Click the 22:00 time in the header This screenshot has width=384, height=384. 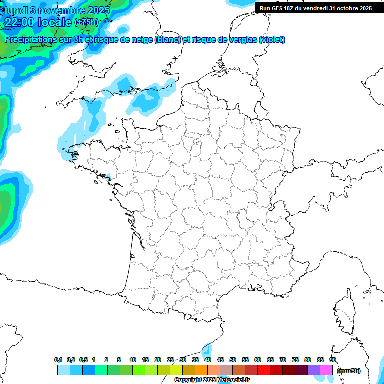[20, 22]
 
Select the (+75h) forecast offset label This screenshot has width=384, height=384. [86, 22]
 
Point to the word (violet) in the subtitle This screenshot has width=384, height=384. [272, 40]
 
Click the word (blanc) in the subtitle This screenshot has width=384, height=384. [168, 40]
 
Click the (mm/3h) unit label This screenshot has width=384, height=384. [349, 370]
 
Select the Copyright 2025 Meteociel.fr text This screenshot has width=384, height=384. [212, 380]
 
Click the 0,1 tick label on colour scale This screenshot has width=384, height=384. [58, 360]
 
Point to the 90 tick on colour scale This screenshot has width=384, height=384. [333, 360]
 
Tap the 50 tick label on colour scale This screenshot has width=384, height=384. [233, 360]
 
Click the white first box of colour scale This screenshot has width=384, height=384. [51, 370]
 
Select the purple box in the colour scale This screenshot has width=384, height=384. [314, 370]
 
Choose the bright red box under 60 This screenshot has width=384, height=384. [264, 370]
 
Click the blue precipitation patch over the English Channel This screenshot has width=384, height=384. [150, 97]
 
